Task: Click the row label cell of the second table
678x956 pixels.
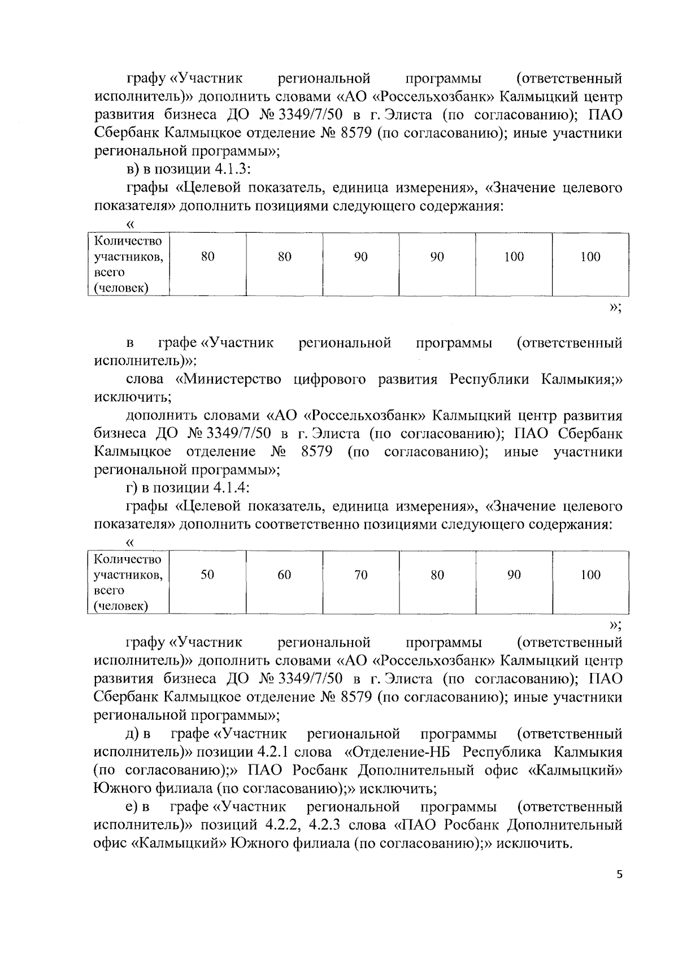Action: tap(128, 583)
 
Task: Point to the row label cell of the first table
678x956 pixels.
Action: tap(128, 264)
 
